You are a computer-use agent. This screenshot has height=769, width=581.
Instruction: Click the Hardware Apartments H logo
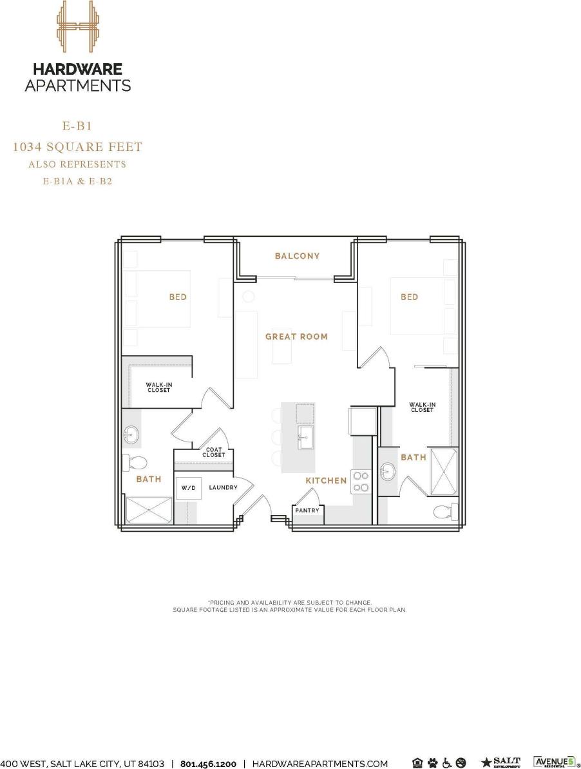[77, 26]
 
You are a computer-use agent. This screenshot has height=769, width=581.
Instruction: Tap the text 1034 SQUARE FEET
[77, 148]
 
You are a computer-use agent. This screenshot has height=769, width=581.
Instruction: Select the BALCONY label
[297, 256]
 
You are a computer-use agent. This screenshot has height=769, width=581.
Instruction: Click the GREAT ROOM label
[296, 336]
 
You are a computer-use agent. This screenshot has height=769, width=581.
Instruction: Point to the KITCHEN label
[326, 481]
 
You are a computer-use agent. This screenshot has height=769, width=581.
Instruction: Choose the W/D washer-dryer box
[188, 488]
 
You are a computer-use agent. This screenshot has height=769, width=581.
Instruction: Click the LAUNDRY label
[223, 488]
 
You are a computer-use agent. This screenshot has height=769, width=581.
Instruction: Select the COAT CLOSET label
[214, 452]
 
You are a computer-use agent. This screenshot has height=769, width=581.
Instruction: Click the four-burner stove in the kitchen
[361, 482]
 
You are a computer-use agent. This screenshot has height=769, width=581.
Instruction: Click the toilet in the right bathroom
[445, 512]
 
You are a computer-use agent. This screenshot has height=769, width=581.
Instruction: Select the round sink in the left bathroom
[131, 436]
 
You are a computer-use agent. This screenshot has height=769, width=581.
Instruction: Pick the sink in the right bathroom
[388, 472]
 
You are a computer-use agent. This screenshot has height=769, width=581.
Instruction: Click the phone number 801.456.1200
[208, 764]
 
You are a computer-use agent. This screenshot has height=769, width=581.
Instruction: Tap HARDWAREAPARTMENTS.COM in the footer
[319, 764]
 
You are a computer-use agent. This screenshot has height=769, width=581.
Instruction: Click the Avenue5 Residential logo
[553, 763]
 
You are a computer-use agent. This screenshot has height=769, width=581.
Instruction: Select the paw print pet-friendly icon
[432, 763]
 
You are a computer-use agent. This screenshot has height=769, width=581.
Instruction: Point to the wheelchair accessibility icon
[446, 763]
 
